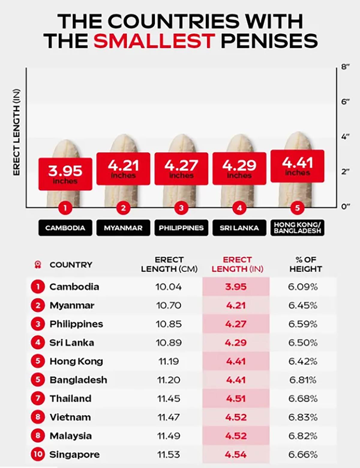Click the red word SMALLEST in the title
pos(154,41)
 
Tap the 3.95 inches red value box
pos(65,174)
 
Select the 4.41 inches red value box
pos(297,166)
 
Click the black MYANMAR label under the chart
pos(123,228)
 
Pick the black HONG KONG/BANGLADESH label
pos(297,228)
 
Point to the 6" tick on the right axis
pos(345,102)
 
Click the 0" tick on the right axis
pos(345,207)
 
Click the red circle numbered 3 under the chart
pos(181,208)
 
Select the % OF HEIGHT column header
pos(305,264)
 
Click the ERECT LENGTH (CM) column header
pos(169,264)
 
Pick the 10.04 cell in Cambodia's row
pos(169,287)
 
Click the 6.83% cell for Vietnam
pos(303,417)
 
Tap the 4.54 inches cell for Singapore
pos(236,455)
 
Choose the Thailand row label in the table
pos(70,399)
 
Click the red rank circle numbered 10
pos(38,454)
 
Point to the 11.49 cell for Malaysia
pos(169,436)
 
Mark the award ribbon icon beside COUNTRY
pos(38,264)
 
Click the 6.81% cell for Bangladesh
pos(303,380)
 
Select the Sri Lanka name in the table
pos(72,343)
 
